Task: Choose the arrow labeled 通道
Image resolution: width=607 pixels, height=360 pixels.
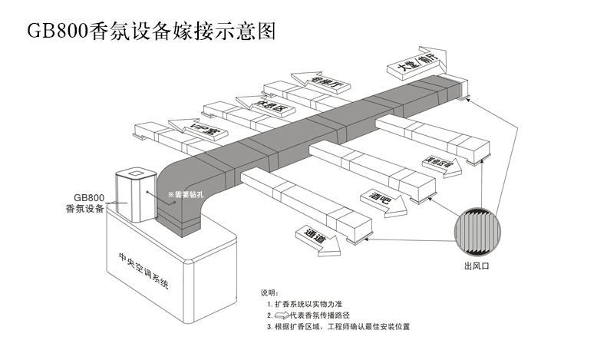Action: tap(314, 235)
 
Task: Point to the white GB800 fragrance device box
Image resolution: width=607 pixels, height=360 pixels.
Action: tap(132, 196)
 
